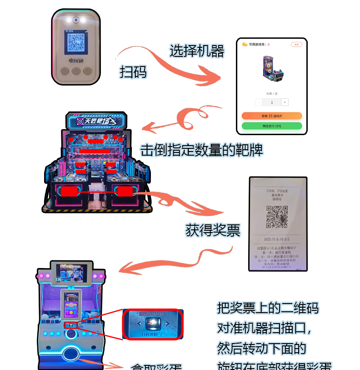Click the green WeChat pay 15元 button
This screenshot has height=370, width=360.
271,126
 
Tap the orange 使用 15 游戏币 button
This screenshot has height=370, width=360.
271,116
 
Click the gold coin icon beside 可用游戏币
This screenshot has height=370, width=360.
244,44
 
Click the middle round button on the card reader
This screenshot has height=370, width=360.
76,71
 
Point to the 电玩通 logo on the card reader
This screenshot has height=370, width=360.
75,60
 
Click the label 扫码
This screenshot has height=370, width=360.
133,71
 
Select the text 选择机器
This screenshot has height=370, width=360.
197,51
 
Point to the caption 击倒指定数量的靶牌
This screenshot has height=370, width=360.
201,150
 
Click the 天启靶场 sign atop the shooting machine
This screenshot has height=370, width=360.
96,121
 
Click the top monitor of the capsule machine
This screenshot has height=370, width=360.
71,273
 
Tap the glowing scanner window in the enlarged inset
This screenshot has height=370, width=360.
153,324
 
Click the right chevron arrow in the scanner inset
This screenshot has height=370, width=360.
168,324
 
